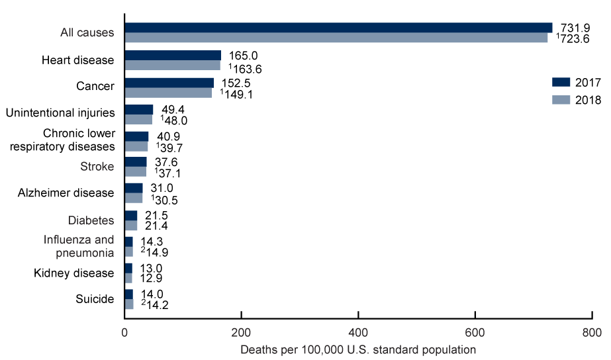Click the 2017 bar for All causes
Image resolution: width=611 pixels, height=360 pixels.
(x=338, y=27)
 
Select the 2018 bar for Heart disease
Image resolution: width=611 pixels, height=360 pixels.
(x=172, y=66)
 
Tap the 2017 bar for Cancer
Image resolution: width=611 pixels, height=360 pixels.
(x=169, y=82)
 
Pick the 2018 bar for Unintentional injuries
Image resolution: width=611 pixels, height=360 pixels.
(x=138, y=120)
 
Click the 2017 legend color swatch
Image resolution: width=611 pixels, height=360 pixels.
(x=561, y=82)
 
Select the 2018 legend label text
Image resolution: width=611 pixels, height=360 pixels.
(x=588, y=101)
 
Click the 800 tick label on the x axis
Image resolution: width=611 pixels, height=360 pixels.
(x=591, y=332)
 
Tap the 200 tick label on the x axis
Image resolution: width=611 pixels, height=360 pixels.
(x=242, y=332)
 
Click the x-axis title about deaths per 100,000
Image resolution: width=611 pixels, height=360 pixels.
(x=358, y=348)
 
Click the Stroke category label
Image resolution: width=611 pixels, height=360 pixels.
(x=97, y=166)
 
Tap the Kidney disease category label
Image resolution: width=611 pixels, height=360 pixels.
(x=74, y=273)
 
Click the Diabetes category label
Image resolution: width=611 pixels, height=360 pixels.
(x=91, y=220)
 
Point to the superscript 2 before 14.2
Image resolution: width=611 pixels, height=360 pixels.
(x=143, y=302)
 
